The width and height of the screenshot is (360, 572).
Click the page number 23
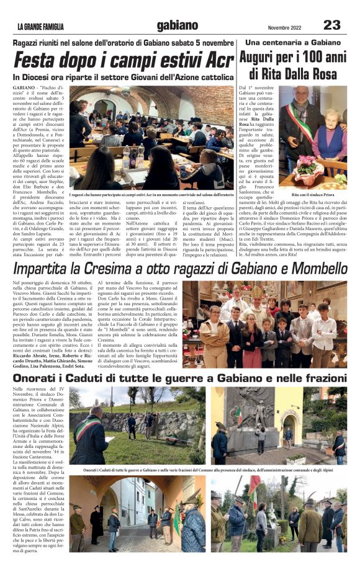click(x=332, y=25)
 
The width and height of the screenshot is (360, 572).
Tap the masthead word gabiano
click(x=178, y=25)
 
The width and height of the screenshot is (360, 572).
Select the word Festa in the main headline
click(x=40, y=61)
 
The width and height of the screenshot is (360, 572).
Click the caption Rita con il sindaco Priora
click(x=316, y=195)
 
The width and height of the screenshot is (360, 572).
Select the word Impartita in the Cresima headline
click(x=50, y=269)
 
